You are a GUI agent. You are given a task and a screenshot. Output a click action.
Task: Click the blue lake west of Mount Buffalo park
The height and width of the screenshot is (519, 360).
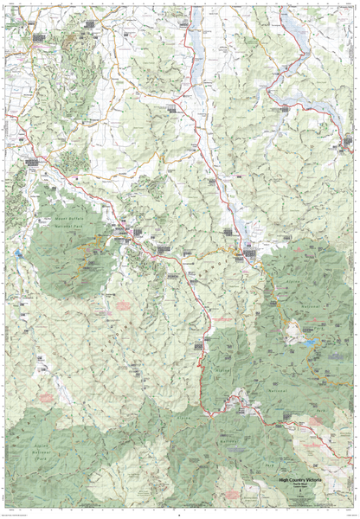[17, 253]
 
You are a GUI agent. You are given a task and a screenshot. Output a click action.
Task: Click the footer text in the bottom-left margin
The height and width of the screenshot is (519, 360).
[26, 514]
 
